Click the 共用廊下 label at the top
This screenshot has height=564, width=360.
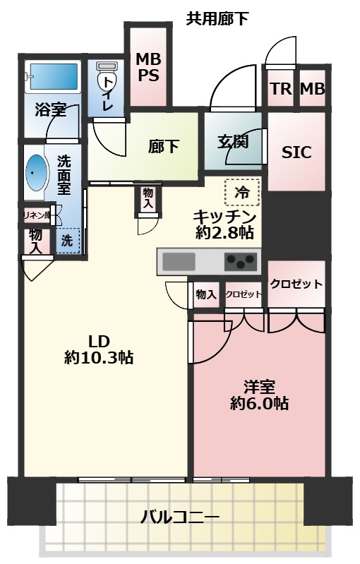[217, 18]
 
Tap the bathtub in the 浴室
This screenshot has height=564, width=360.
[54, 76]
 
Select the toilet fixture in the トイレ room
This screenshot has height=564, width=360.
[107, 83]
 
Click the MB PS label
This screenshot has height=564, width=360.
[148, 67]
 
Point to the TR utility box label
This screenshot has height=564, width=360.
[281, 88]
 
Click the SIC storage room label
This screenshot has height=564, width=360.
[296, 152]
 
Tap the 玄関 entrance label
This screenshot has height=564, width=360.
[233, 141]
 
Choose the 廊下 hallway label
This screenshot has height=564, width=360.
[164, 146]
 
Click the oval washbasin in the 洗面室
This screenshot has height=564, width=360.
[37, 173]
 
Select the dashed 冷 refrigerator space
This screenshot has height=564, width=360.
[242, 193]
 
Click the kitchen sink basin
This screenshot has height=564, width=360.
[179, 261]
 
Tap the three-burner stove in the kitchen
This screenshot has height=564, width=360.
[241, 261]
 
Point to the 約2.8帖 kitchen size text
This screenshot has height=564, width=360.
[224, 233]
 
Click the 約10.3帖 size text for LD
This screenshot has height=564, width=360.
[99, 358]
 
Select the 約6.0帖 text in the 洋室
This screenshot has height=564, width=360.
[259, 404]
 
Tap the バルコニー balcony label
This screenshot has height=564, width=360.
[180, 517]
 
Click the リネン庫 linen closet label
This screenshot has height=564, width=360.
[36, 216]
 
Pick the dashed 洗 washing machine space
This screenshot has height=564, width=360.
[67, 240]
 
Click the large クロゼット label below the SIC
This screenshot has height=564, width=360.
[296, 284]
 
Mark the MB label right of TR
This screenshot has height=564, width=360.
[313, 88]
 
